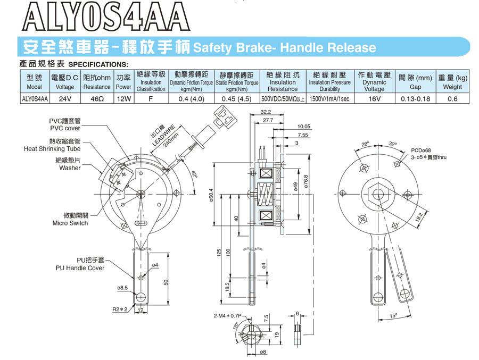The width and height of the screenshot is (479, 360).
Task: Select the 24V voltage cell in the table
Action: point(65,98)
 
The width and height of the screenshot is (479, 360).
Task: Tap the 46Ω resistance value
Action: point(97,98)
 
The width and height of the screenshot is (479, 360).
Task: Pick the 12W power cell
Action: point(123,98)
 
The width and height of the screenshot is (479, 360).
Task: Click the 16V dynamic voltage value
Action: point(374,98)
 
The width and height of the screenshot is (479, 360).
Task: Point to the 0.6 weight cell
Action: point(452,98)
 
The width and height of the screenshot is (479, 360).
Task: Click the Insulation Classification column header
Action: point(151,82)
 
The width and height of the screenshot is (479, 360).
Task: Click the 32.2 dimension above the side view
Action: point(266,112)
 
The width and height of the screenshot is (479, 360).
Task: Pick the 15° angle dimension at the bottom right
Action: point(394,315)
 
